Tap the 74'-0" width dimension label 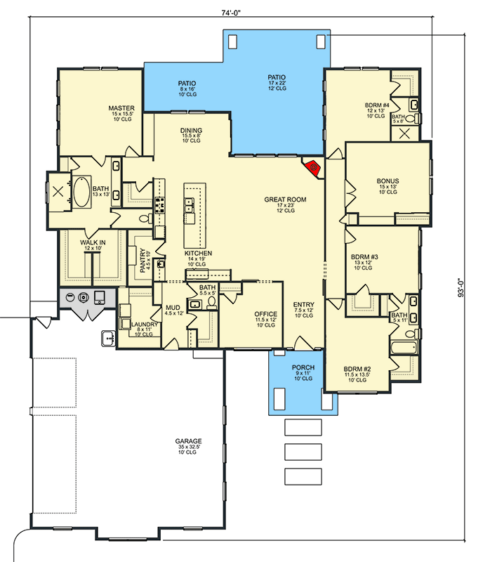(231, 13)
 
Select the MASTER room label (121, 108)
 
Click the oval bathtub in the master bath (82, 191)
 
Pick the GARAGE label (188, 441)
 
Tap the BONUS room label (388, 181)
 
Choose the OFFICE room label (266, 314)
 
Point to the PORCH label (303, 367)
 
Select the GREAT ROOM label (285, 200)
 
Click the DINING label (191, 131)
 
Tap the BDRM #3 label (364, 256)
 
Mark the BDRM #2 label (357, 370)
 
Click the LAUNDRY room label (145, 325)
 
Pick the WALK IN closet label (93, 242)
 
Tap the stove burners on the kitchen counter (159, 204)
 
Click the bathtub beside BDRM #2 (404, 347)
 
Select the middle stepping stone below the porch (303, 452)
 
